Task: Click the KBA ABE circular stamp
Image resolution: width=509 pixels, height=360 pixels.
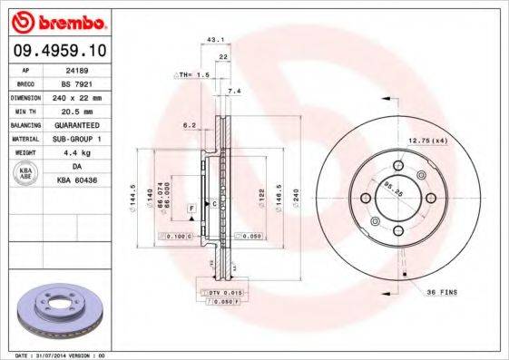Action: pos(26,174)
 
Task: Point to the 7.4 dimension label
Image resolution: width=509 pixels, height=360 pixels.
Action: pos(234,92)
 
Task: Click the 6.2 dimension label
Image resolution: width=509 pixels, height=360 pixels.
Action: pos(190,124)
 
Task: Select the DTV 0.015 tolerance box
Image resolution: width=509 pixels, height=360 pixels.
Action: pos(220,292)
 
